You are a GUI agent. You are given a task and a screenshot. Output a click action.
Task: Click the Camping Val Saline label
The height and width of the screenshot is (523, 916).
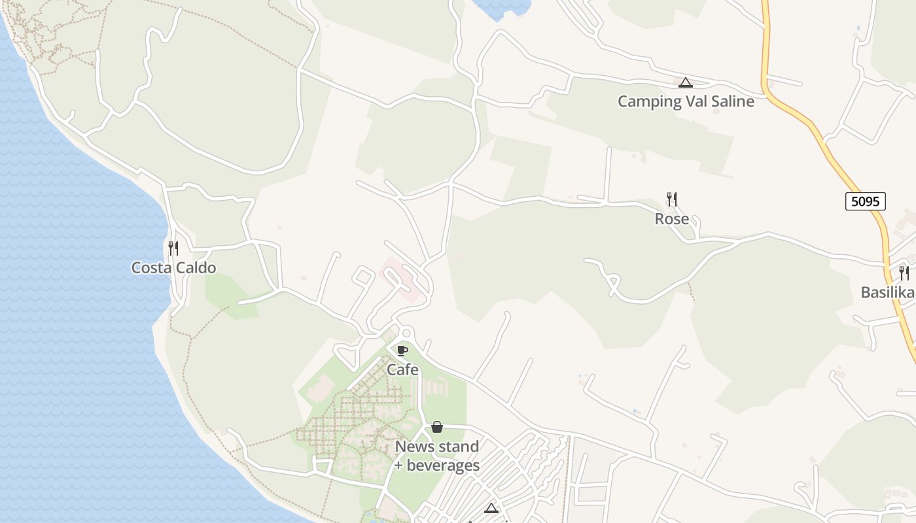pyautogui.click(x=686, y=101)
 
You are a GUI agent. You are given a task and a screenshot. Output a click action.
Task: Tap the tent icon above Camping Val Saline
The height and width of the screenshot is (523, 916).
pyautogui.click(x=685, y=83)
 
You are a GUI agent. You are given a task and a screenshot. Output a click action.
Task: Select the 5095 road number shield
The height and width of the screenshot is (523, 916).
pyautogui.click(x=865, y=201)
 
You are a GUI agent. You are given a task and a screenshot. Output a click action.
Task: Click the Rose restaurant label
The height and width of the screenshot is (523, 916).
pyautogui.click(x=672, y=219)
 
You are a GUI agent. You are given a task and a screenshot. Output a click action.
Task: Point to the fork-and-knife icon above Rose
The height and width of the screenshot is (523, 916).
pyautogui.click(x=671, y=199)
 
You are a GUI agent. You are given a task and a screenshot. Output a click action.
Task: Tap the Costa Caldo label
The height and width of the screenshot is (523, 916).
pyautogui.click(x=173, y=268)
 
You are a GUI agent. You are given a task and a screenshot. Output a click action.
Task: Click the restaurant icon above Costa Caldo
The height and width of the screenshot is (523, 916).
pyautogui.click(x=173, y=248)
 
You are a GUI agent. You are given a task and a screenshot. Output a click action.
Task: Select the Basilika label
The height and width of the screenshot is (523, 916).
pyautogui.click(x=887, y=292)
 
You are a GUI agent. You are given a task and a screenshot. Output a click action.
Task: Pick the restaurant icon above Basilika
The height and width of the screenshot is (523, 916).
pyautogui.click(x=904, y=273)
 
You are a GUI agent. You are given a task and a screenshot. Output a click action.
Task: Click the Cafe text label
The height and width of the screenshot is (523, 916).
pyautogui.click(x=402, y=370)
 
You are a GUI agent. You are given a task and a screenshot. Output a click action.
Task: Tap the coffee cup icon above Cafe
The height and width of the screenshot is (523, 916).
pyautogui.click(x=402, y=350)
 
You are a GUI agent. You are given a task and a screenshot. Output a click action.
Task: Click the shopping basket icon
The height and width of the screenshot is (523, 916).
pyautogui.click(x=437, y=427)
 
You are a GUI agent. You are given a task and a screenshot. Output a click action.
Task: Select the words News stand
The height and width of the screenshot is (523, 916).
pyautogui.click(x=437, y=447)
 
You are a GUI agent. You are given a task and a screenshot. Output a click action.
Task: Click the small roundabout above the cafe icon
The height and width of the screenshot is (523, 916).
pyautogui.click(x=406, y=332)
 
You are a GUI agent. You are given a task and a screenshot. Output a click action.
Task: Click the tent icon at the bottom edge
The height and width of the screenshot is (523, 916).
pyautogui.click(x=491, y=509)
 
